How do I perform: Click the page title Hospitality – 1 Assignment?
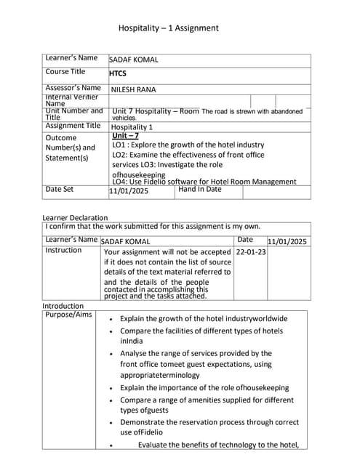tap(168, 28)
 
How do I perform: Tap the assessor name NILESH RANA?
tap(133, 90)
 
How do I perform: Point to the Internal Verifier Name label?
tap(68, 100)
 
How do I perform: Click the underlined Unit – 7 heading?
tap(126, 136)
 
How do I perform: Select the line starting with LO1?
tap(188, 145)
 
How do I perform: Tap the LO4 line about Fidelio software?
tap(204, 182)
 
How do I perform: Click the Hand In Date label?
tap(200, 190)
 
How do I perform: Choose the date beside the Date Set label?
tap(129, 191)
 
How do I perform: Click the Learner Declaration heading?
tap(75, 217)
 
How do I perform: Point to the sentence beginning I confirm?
tap(152, 226)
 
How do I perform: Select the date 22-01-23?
tap(251, 252)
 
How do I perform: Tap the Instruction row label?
tap(63, 250)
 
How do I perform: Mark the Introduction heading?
tap(63, 306)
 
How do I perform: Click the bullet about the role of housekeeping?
tap(204, 388)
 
